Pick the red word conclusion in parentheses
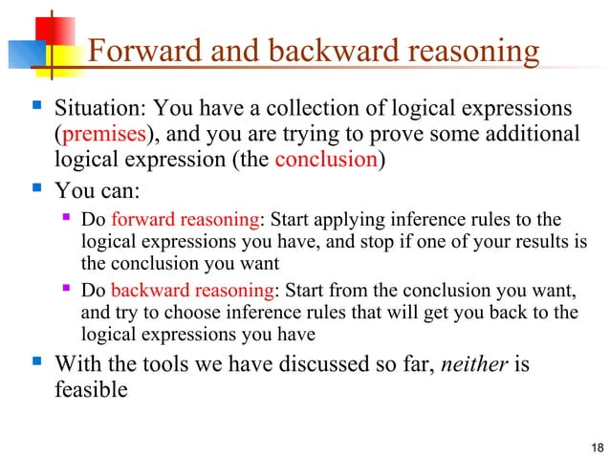tap(325, 160)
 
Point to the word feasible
tap(90, 388)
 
